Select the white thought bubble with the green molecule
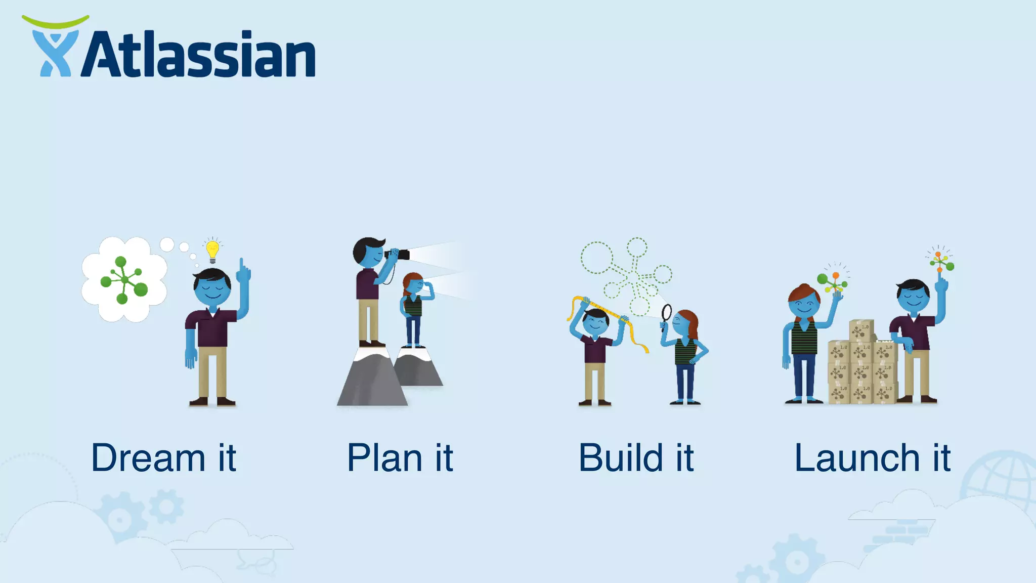124,279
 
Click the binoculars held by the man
398,254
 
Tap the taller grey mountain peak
372,377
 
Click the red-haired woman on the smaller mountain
414,309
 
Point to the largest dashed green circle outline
597,257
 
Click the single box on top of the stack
861,330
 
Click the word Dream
148,458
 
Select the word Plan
384,458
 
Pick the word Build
621,458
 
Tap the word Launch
857,458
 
